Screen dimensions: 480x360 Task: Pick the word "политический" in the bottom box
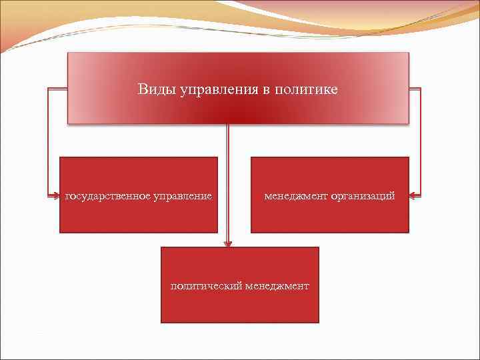tap(205, 286)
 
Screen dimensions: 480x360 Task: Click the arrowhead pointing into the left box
tap(56, 197)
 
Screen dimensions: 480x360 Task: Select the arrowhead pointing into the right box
tap(412, 196)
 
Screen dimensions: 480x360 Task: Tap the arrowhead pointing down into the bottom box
tap(228, 243)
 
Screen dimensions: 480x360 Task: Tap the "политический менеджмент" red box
tap(240, 307)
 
